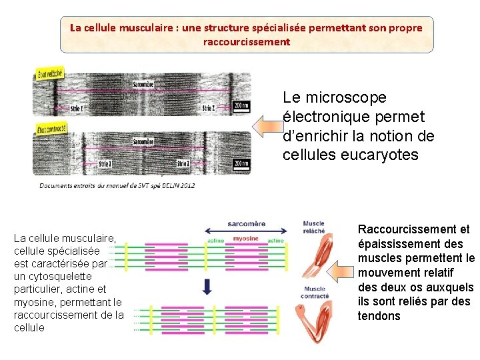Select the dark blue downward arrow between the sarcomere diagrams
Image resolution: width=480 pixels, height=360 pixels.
coord(207,286)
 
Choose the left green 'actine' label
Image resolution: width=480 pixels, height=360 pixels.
coord(215,240)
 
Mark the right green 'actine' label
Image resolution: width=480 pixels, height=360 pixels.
coord(275,240)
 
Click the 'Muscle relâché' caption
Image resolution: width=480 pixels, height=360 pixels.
coord(314,227)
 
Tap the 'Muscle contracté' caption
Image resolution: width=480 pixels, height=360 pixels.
coord(315,292)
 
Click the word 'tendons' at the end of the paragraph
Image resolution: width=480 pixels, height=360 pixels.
coord(379,315)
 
